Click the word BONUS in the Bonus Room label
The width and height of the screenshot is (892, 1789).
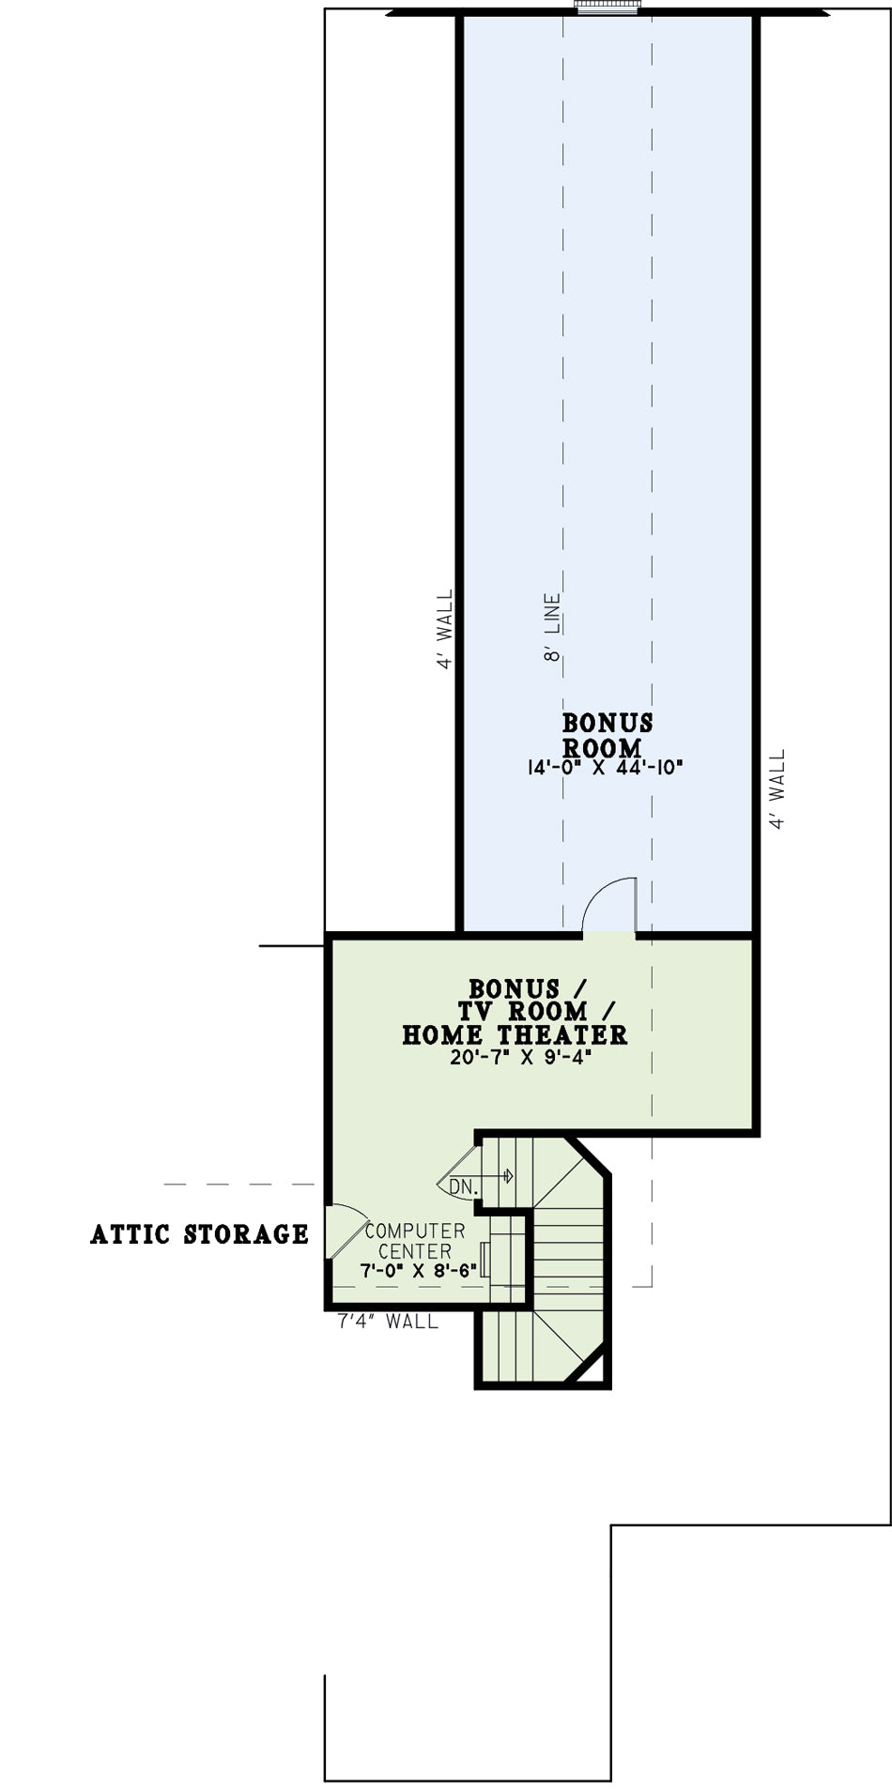607,723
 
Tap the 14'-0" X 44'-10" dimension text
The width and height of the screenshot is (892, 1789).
605,767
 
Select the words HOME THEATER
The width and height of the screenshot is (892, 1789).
515,1034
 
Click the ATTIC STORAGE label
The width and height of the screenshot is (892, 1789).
199,1234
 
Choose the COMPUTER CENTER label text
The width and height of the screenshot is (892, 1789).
415,1241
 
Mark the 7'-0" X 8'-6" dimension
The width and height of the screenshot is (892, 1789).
419,1270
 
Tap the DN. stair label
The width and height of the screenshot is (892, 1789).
463,1187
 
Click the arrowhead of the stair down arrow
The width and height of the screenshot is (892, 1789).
509,1175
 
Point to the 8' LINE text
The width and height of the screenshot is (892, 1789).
553,627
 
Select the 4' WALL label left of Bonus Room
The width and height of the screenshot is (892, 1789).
445,629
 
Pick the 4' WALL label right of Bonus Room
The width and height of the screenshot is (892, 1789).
777,789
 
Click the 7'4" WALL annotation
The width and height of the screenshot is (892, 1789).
388,1322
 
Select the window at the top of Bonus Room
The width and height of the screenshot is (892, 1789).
607,8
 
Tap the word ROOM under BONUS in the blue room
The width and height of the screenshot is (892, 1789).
603,748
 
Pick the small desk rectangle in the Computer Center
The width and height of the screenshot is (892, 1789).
483,1259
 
